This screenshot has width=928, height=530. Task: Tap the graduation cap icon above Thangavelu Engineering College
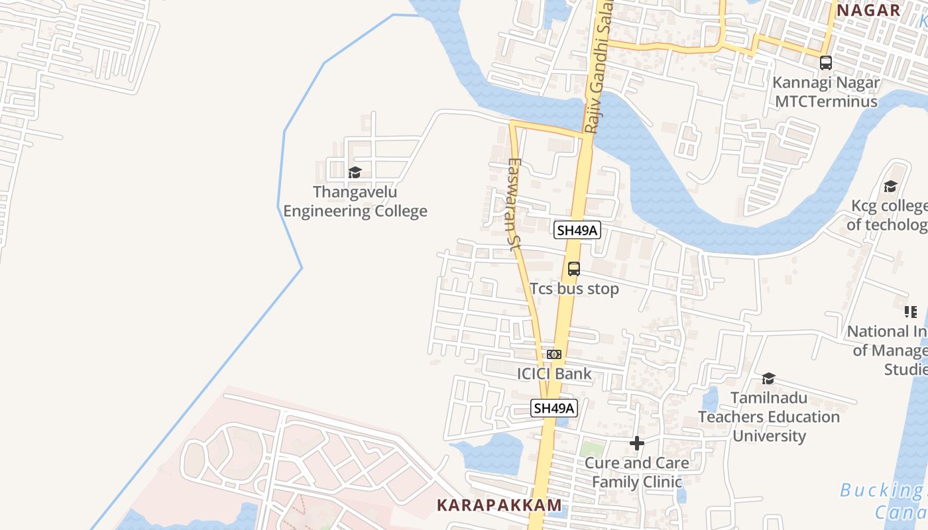(355, 173)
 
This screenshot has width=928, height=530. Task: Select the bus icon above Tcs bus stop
(574, 269)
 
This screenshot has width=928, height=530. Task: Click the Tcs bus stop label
(574, 289)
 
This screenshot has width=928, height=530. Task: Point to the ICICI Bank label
(554, 374)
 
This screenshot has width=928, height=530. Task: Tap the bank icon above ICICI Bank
(554, 354)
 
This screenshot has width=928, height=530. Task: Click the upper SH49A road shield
(577, 230)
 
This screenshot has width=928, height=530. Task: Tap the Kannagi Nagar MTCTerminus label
(826, 92)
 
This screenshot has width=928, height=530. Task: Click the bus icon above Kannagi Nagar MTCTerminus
(826, 63)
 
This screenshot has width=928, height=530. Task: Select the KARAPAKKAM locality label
(499, 505)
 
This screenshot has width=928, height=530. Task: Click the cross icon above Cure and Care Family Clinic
(637, 443)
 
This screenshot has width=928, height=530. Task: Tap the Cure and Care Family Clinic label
(637, 472)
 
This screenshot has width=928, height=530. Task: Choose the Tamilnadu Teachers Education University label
(769, 417)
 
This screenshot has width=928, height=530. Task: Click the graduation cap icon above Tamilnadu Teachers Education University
(769, 378)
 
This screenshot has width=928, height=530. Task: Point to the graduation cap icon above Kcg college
(890, 186)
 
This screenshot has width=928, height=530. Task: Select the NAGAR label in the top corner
(868, 10)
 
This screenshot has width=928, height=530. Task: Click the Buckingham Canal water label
(885, 501)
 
